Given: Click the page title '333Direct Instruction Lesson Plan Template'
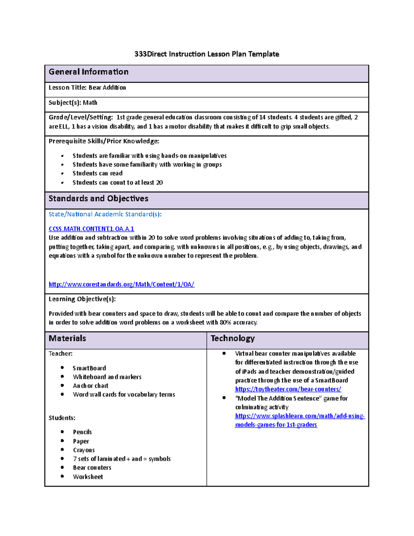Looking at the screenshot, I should coord(207,54).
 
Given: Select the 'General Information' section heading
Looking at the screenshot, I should coord(89,72).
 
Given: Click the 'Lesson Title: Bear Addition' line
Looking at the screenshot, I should coord(87,88).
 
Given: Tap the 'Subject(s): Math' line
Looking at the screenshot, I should coord(73,103).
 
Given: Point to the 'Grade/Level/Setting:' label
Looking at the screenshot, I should coord(81,117).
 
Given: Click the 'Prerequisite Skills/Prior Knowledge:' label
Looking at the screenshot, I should coord(104,141).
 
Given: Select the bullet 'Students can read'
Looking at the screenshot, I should coord(98,173).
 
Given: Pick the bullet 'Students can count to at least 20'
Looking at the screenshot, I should coord(118,183).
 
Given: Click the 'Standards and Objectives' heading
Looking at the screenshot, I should coord(98,198).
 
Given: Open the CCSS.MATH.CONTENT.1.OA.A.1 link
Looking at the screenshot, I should coord(91,229).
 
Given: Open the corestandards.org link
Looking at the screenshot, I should coord(121,284).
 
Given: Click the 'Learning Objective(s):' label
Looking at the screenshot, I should coord(82,299).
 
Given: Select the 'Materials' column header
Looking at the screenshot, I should coord(67,338).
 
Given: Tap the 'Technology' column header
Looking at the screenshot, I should coord(233,338).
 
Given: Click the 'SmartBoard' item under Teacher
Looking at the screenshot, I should coord(89,368).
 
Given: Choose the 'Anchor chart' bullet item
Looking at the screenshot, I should coord(90,386).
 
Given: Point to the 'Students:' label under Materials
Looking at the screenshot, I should coord(62,418).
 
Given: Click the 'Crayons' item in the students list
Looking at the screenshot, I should coord(84,450).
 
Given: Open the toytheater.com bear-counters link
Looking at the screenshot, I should coord(288,389).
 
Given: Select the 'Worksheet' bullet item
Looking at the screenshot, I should coord(88,477).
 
